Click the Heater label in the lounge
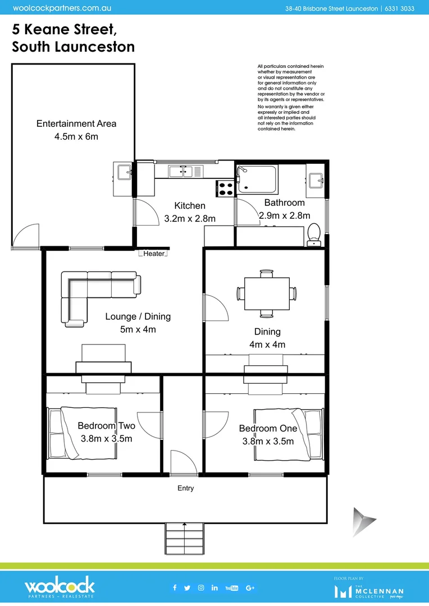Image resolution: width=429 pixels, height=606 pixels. (154, 254)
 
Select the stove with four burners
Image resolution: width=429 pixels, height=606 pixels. (226, 188)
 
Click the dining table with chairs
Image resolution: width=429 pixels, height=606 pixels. (267, 293)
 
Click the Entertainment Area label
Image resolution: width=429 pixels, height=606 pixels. (76, 123)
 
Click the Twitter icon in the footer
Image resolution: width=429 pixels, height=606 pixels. (188, 587)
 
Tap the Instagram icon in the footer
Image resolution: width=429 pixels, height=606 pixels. (201, 587)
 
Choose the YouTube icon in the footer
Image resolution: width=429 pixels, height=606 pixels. (231, 587)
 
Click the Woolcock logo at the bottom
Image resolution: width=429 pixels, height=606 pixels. (60, 588)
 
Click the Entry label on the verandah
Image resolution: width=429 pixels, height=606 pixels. (185, 488)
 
